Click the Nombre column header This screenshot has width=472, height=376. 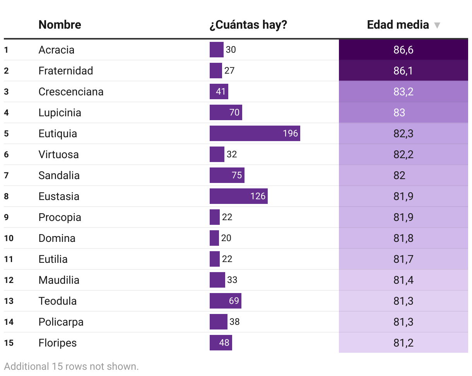[60, 25]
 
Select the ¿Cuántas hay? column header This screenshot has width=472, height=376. [248, 25]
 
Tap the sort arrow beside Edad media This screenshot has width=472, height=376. [437, 26]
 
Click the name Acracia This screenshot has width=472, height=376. [56, 50]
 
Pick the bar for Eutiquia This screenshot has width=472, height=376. [255, 133]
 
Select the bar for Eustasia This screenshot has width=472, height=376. [238, 196]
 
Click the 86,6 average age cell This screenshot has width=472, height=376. [403, 50]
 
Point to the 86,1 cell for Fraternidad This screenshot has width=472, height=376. [403, 71]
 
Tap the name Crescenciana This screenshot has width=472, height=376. [71, 92]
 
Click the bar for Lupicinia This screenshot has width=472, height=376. [226, 113]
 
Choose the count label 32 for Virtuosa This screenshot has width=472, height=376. [232, 154]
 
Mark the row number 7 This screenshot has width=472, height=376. [6, 176]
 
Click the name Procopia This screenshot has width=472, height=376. [60, 217]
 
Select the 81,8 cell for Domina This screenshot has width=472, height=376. [403, 238]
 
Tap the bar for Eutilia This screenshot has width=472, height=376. [214, 259]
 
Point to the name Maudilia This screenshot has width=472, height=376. [59, 280]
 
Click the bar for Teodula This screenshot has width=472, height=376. [225, 301]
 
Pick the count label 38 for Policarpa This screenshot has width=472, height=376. [234, 322]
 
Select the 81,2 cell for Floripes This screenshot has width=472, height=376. [403, 343]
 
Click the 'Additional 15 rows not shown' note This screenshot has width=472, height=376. [71, 366]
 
